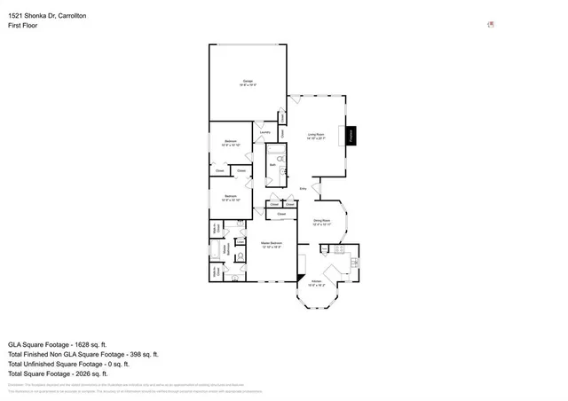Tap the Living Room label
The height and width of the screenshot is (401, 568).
317,137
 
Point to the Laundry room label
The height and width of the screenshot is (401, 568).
264,133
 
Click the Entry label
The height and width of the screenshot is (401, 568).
303,189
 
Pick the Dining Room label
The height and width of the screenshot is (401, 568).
321,222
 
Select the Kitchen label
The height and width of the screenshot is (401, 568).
316,284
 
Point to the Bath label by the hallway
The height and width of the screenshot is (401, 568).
272,165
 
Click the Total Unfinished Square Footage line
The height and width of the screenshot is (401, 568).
68,364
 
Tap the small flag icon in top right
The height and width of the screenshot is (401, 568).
491,25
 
